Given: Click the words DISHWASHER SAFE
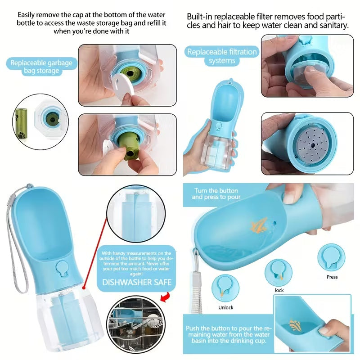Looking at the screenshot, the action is tap(137, 282).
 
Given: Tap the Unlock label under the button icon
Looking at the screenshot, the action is tap(226, 307).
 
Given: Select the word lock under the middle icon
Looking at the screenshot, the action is tap(279, 290).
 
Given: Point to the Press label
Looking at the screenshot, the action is tap(332, 277).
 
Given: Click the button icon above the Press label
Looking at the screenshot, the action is tap(331, 257).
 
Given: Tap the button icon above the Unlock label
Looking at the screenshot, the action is tap(225, 288).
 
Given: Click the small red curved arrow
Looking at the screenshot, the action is tap(165, 297).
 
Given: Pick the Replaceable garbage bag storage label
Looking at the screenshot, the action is tap(41, 67).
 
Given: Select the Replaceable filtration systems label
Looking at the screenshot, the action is tap(222, 56).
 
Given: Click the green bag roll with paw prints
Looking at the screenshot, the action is tap(21, 123).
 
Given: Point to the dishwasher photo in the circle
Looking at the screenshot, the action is tap(136, 324).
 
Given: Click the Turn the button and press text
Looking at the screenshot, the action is tap(216, 194).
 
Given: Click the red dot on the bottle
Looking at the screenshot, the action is tap(84, 288).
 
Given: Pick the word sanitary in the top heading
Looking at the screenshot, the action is tap(331, 25).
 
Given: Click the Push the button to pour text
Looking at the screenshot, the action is tap(229, 334).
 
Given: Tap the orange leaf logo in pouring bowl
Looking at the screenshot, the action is tap(259, 225).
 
